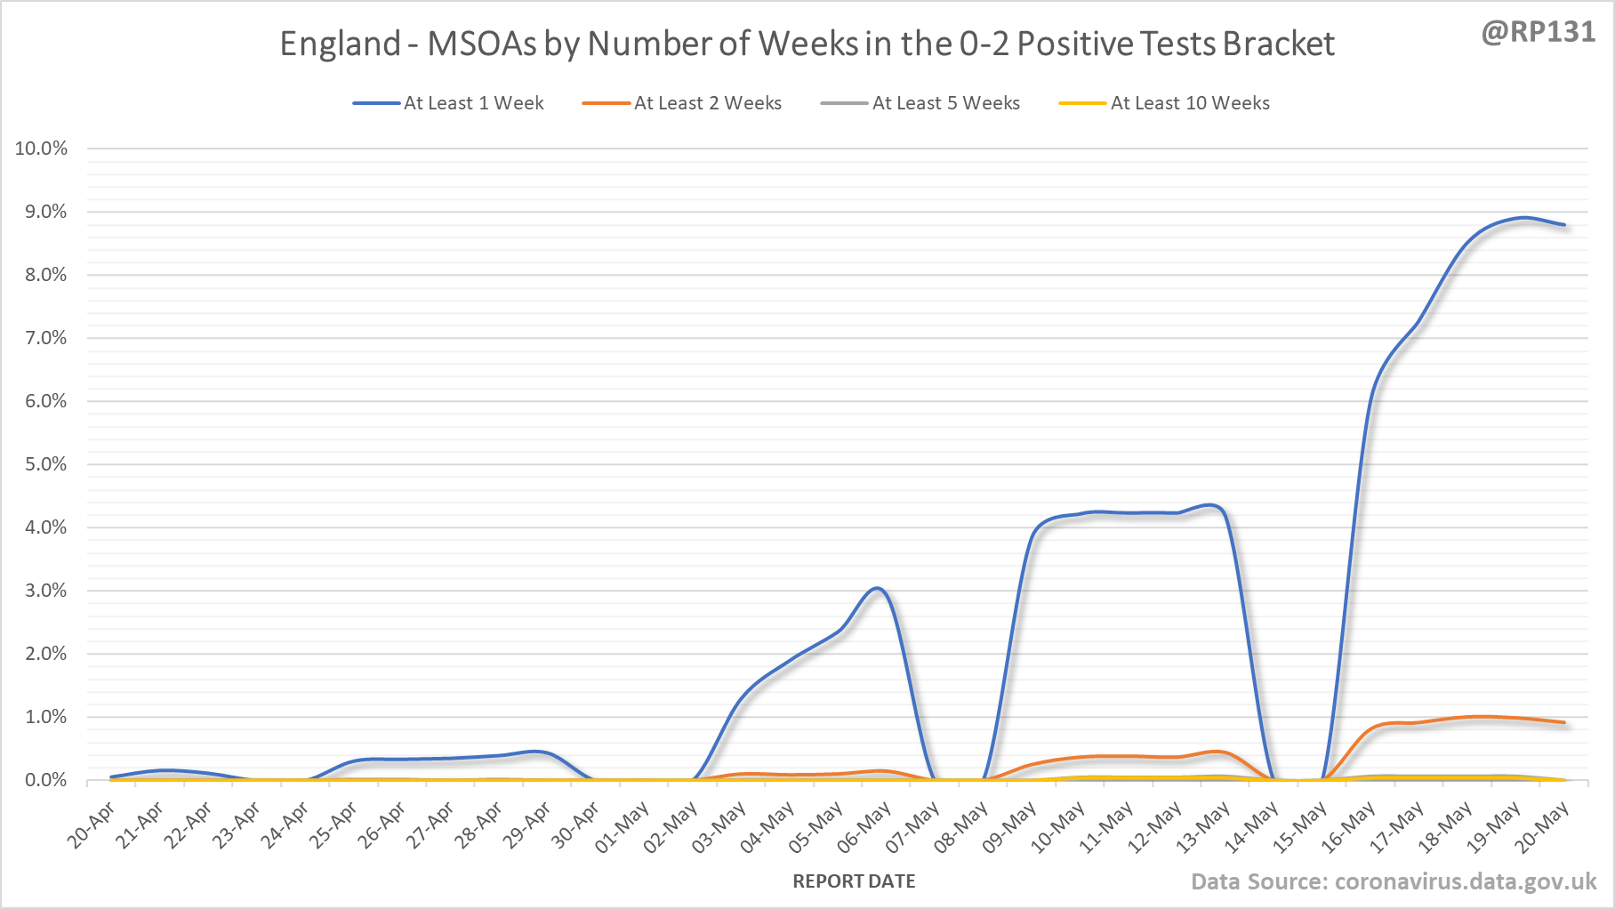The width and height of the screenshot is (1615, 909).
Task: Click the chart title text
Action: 807,44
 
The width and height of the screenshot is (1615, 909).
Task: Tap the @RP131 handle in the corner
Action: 1538,32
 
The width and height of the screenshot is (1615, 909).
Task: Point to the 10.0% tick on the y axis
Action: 41,149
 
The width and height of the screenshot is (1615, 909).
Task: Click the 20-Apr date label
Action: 91,825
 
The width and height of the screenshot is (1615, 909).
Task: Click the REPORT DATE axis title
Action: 854,881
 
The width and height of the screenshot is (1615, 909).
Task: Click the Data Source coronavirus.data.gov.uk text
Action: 1393,881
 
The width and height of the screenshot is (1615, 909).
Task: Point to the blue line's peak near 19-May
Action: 1524,217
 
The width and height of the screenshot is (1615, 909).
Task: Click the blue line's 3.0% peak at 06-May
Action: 877,588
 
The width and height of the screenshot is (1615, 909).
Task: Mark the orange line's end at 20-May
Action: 1564,722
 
